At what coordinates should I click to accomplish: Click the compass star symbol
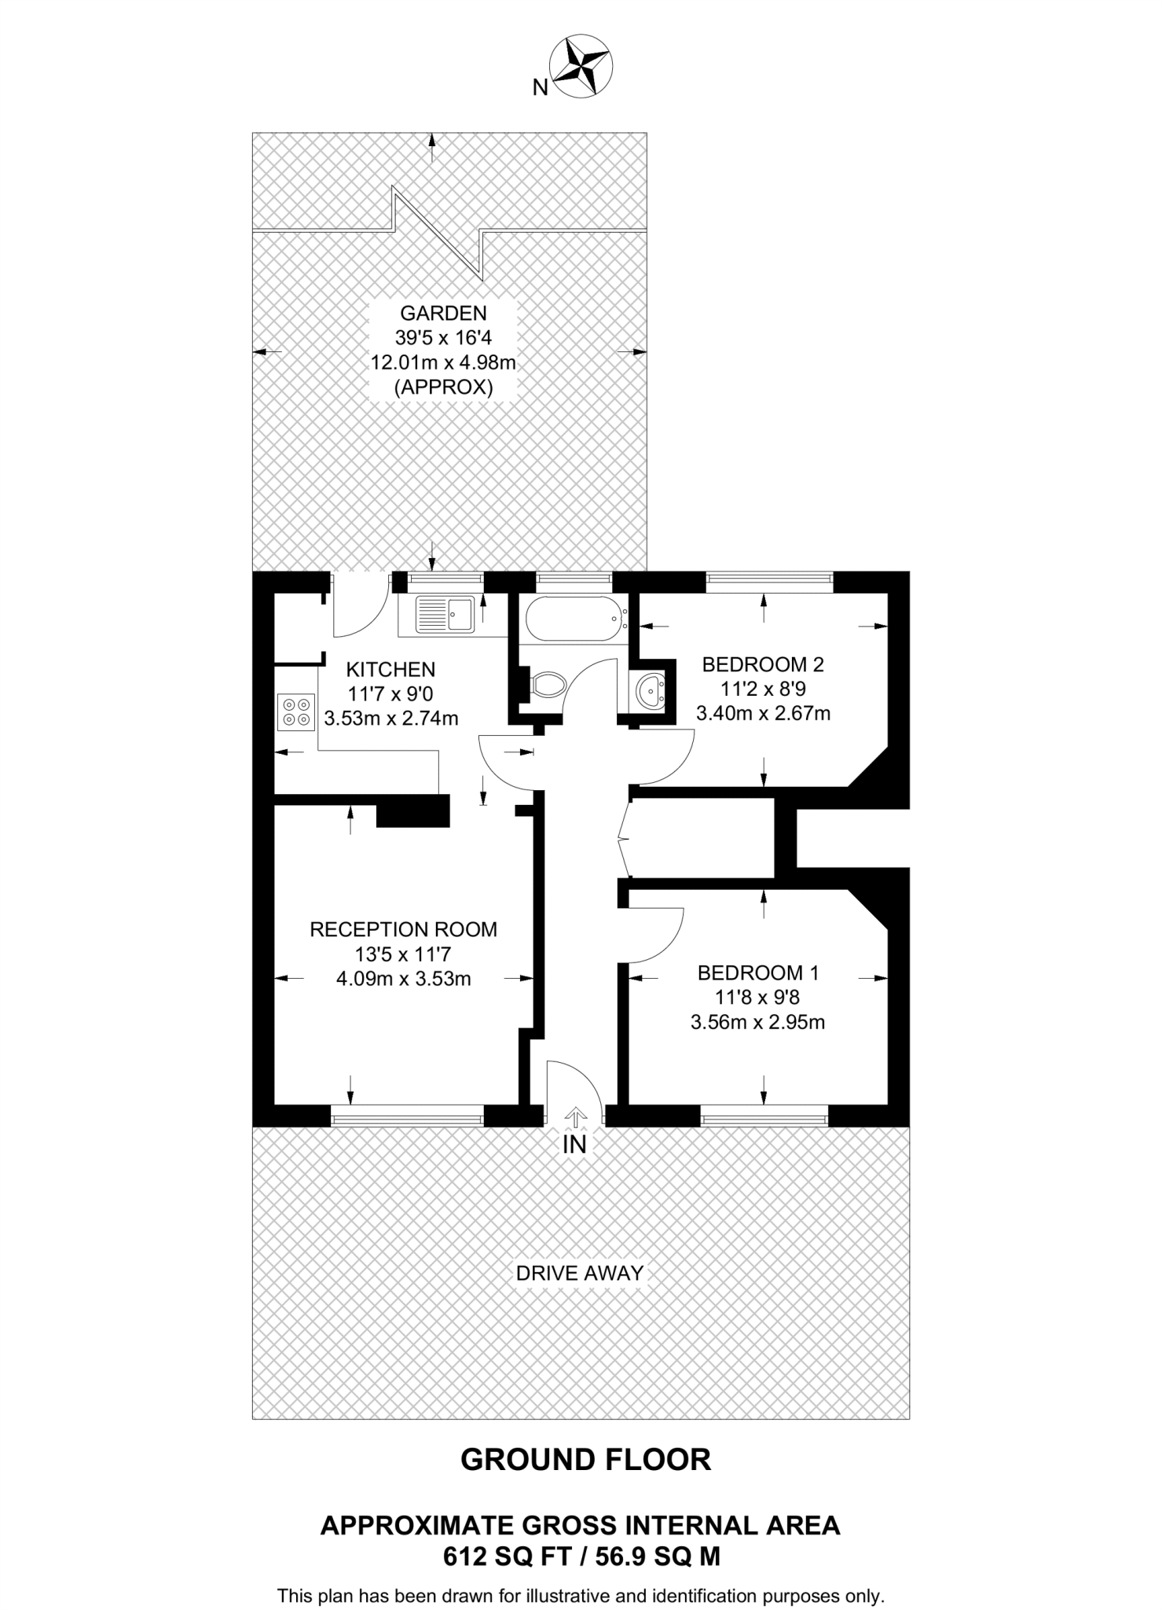click(581, 66)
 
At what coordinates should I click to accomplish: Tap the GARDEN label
click(443, 313)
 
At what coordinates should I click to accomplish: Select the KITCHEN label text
click(390, 670)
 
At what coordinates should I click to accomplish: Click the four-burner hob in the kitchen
click(295, 711)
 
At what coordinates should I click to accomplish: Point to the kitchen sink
click(444, 615)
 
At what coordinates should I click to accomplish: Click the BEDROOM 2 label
click(762, 664)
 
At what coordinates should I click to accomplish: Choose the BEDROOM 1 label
click(758, 972)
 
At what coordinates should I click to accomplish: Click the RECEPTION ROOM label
click(403, 929)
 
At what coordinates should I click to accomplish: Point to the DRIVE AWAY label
click(579, 1273)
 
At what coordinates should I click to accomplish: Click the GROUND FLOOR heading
click(585, 1459)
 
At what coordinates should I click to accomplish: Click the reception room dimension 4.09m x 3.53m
click(403, 980)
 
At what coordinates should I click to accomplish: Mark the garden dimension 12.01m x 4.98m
click(443, 363)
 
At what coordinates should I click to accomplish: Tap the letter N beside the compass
click(540, 88)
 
